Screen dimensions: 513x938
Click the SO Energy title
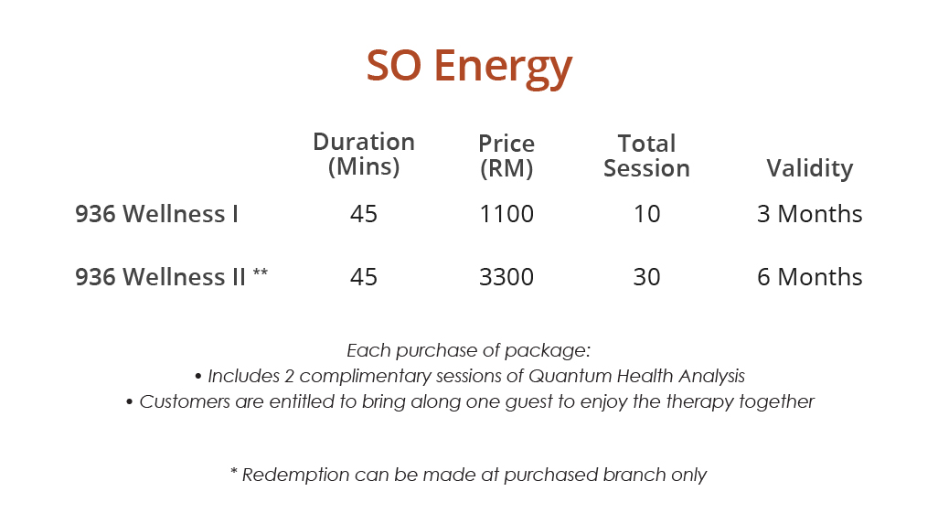(x=469, y=66)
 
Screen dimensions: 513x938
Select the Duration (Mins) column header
(x=364, y=155)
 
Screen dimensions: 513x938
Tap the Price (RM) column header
(x=506, y=155)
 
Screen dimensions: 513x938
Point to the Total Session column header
(x=646, y=155)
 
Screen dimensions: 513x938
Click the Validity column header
(x=809, y=168)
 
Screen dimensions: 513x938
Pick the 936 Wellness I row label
(x=157, y=214)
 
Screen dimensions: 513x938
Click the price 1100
(x=506, y=214)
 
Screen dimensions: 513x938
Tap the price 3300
(x=506, y=277)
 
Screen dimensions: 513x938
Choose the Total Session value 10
(x=646, y=214)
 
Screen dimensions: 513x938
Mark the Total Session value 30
(x=646, y=277)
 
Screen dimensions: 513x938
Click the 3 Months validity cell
(x=809, y=214)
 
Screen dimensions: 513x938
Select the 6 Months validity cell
(x=809, y=277)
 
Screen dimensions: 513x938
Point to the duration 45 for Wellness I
(x=364, y=214)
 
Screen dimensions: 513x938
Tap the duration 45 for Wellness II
(x=364, y=277)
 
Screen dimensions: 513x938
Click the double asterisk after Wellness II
(x=261, y=273)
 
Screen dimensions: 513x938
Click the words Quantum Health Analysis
(x=637, y=376)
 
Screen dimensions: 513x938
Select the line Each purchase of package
(x=469, y=350)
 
